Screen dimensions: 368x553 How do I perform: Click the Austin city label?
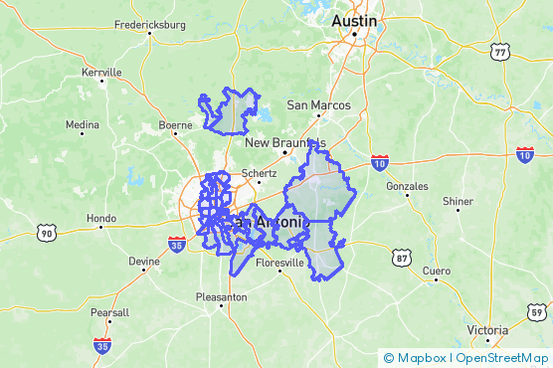[x=355, y=21]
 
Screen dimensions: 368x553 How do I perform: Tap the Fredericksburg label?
[x=151, y=24]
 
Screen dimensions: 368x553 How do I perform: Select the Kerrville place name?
[x=101, y=73]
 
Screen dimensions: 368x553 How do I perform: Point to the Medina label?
[x=83, y=125]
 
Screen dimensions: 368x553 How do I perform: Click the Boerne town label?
[x=175, y=125]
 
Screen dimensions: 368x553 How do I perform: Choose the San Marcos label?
[x=318, y=105]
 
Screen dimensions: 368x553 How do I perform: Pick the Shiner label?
[x=459, y=201]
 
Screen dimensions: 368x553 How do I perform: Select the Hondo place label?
[x=101, y=219]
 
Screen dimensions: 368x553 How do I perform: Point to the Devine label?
[x=143, y=262]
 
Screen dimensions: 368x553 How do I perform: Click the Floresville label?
[x=279, y=264]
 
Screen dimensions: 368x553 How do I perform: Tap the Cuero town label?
[x=437, y=271]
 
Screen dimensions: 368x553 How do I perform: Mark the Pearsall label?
[x=109, y=312]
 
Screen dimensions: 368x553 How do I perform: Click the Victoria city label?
[x=488, y=330]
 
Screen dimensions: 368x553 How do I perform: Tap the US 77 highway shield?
[x=500, y=52]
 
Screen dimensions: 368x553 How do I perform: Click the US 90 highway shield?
[x=45, y=233]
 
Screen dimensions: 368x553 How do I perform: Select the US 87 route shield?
[x=402, y=259]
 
